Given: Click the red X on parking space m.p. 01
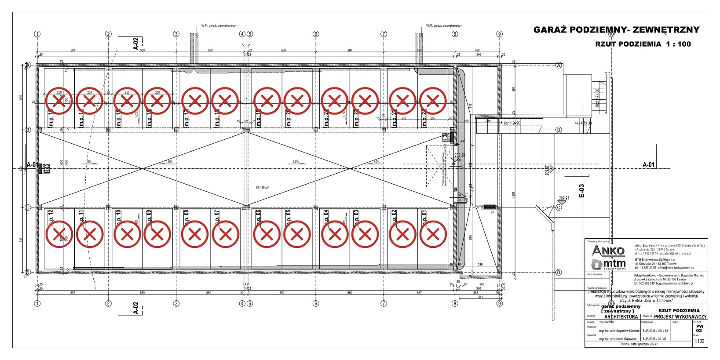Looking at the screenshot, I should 433,234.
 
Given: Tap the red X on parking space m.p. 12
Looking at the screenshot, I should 59,234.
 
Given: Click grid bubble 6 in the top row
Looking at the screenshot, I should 315,34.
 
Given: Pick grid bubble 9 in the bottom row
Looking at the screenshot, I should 499,303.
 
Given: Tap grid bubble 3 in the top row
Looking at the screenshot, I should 176,34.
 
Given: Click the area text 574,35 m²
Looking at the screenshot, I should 262,187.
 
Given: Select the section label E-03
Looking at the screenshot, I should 581,190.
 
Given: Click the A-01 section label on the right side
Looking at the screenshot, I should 649,164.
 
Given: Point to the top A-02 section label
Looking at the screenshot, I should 136,44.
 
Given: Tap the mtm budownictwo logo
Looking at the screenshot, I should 608,264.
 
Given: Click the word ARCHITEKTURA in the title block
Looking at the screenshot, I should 621,316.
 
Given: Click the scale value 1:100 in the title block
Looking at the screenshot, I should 698,341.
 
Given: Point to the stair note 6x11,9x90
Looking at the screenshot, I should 512,123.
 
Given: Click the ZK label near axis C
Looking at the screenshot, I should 493,212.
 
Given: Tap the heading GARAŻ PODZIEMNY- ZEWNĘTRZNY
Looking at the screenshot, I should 616,30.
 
